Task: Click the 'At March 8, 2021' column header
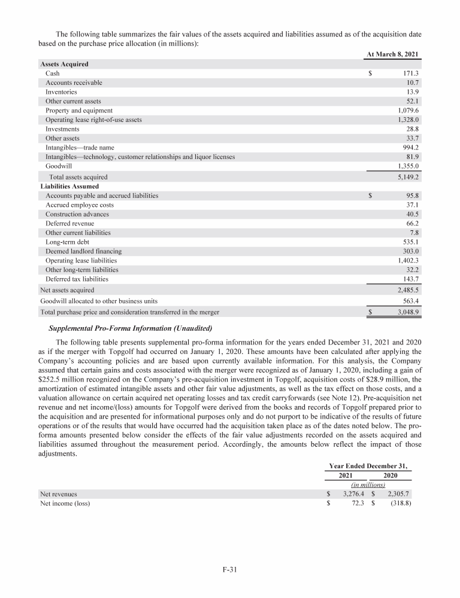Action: coord(392,55)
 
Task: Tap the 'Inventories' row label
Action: coord(61,92)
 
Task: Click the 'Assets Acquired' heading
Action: coord(64,64)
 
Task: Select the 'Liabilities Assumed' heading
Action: coord(69,187)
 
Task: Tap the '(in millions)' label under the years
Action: coord(368,485)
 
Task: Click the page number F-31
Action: coord(230,570)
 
